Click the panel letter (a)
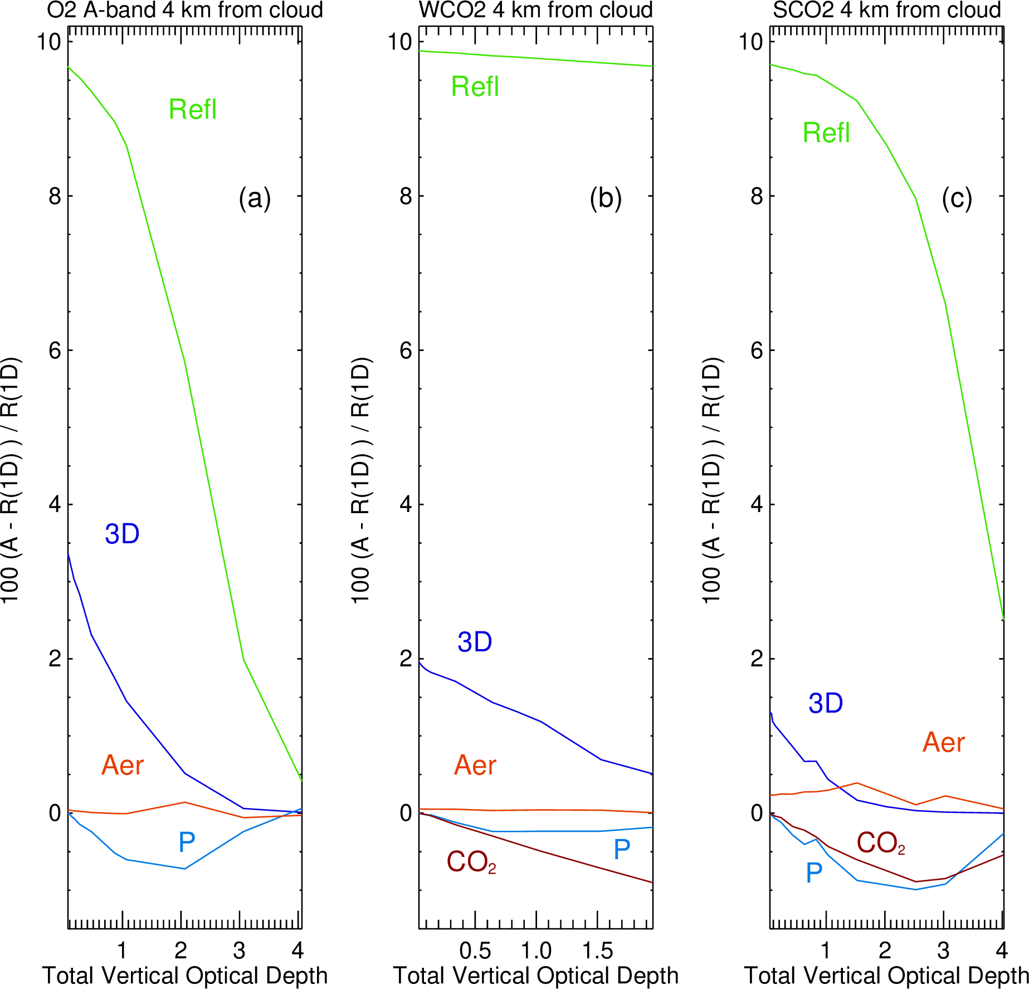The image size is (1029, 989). point(255,198)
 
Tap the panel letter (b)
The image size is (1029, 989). point(606,198)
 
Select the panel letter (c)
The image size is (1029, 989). point(957,198)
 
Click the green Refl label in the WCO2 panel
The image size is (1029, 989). point(475,87)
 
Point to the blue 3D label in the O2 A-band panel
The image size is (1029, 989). point(122,534)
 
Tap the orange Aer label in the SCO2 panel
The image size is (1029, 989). point(943,742)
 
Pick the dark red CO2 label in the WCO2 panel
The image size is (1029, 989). point(471,862)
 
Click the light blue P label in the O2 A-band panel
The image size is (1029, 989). point(187,842)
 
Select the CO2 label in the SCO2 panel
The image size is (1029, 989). point(880,843)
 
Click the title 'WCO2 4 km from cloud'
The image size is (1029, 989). point(535,10)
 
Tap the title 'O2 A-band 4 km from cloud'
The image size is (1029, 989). point(184,10)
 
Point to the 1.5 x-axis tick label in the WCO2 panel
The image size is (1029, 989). point(597,951)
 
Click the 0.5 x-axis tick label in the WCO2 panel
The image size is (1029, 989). point(475,951)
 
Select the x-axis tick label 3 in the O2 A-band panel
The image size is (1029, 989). point(239,951)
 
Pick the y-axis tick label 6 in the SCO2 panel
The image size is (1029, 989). point(756,350)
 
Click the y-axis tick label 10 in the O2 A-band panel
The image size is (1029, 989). point(48,41)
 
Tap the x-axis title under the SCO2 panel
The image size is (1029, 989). point(886,976)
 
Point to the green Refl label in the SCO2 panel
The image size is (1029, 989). point(826,133)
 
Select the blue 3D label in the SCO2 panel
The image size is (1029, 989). point(826,704)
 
